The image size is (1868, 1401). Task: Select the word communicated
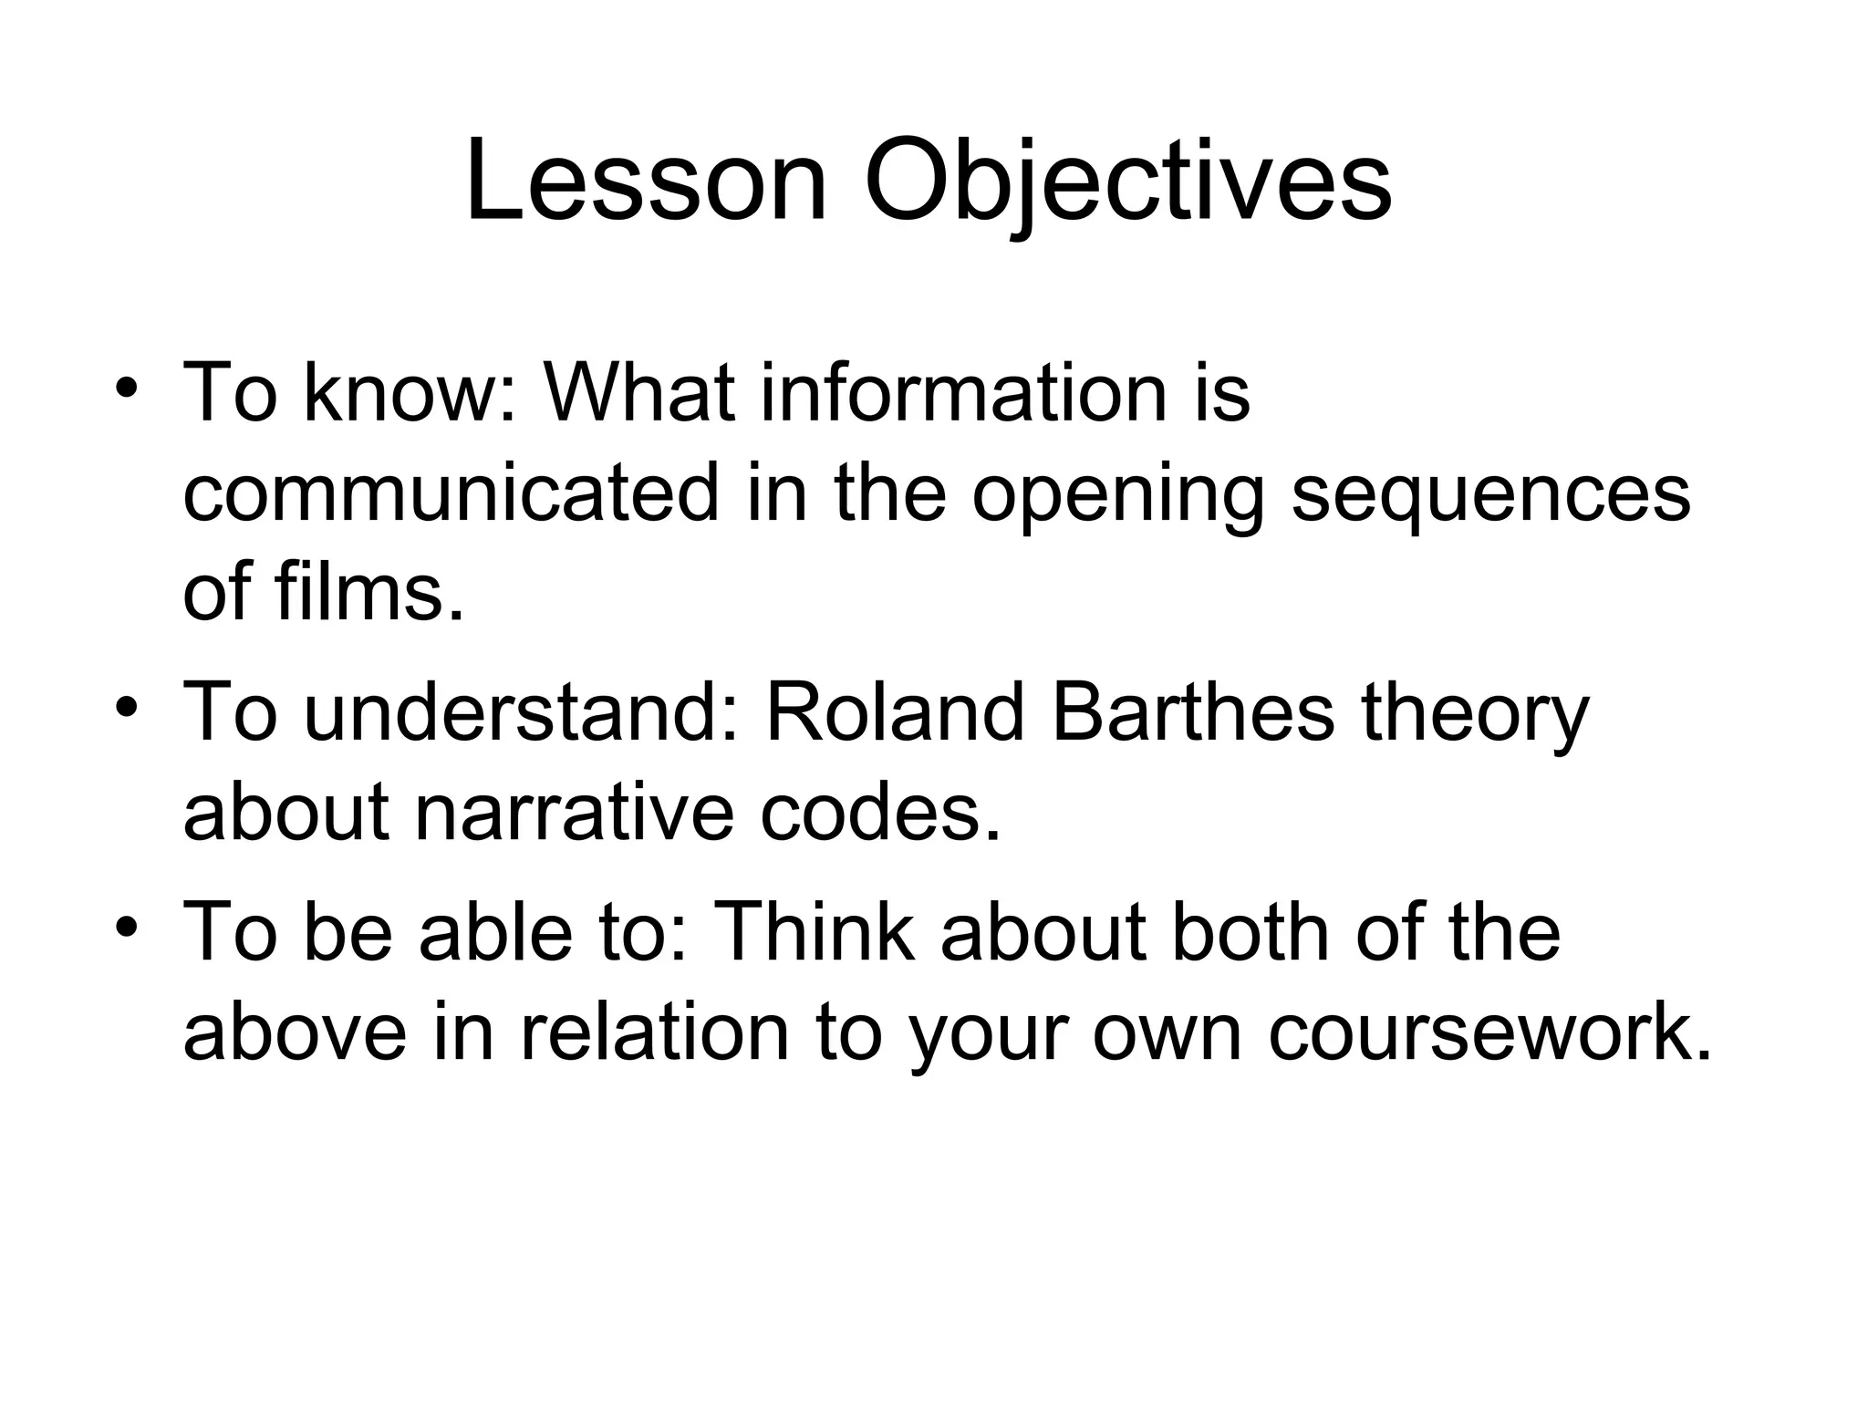pos(451,493)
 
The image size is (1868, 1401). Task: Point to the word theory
pos(1475,716)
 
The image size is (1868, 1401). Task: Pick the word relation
pos(654,1033)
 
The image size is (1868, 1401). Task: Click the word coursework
pos(1489,1033)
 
